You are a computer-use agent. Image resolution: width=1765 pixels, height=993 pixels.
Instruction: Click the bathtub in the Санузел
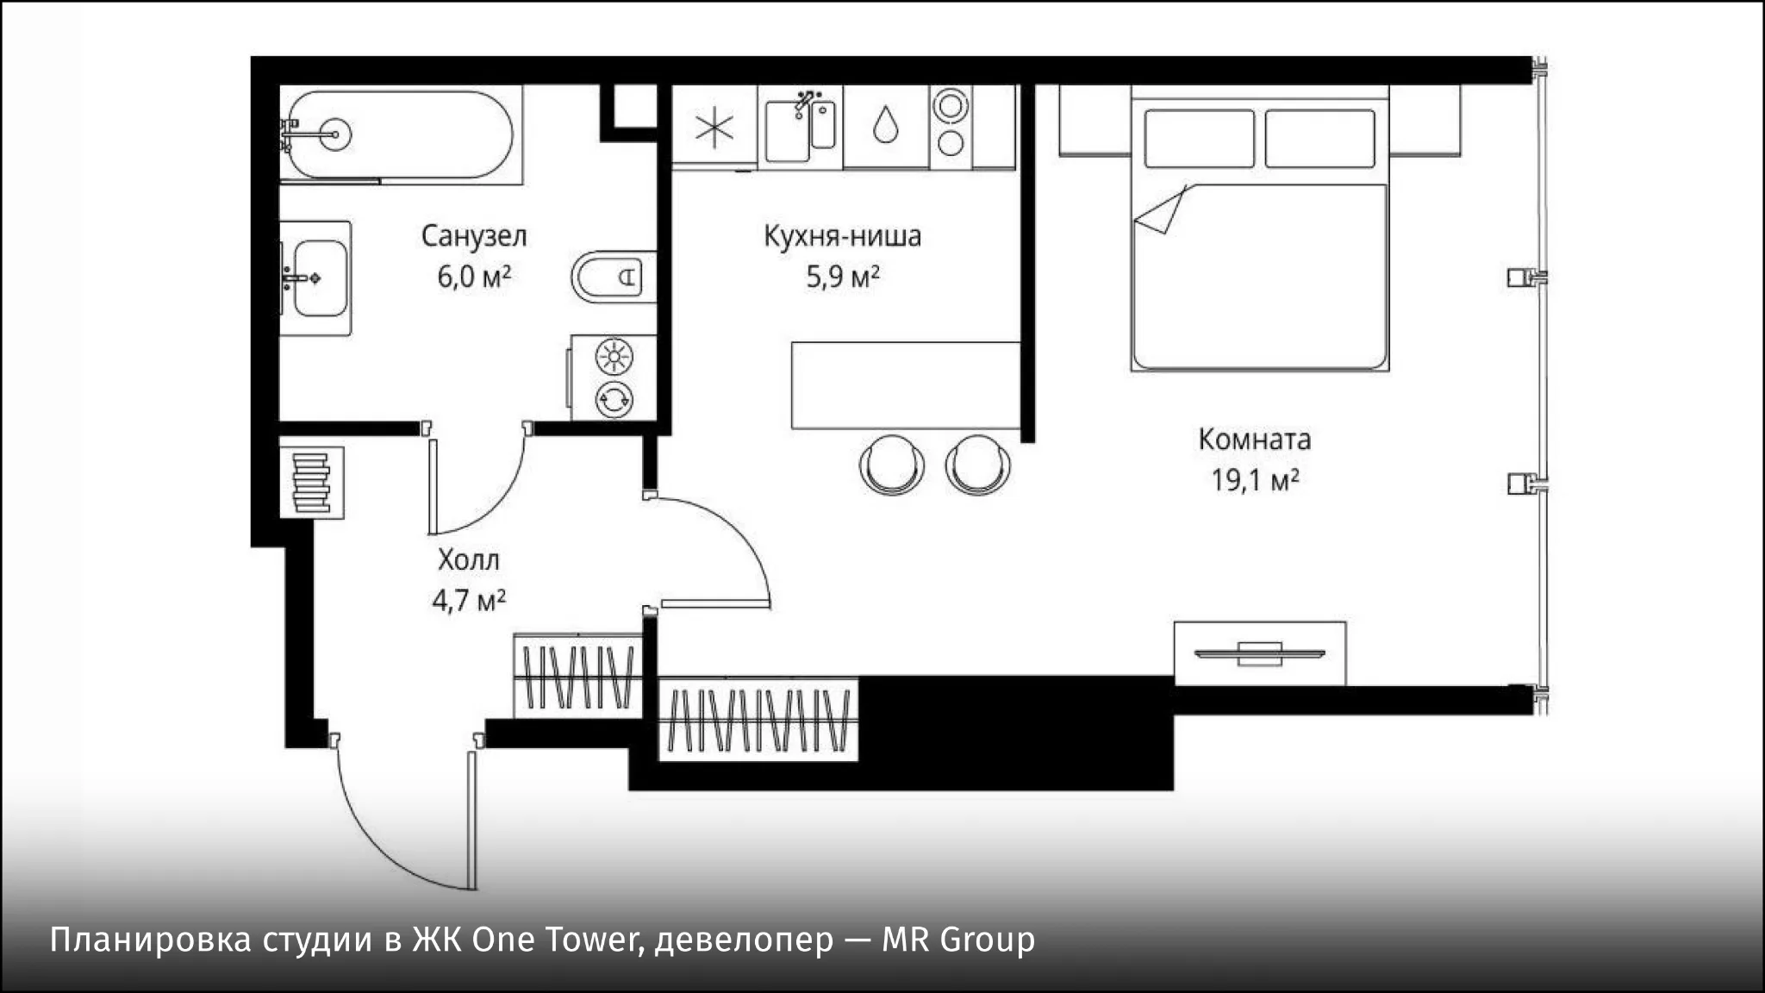[x=401, y=134]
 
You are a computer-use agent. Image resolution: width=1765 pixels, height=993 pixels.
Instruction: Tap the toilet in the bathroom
[x=614, y=277]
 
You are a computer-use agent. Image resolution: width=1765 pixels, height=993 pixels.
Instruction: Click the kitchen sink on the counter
[x=800, y=130]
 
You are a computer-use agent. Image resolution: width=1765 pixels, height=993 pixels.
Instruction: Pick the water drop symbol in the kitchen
[x=885, y=124]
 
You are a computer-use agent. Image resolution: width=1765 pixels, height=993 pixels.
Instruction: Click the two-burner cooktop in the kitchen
[x=951, y=125]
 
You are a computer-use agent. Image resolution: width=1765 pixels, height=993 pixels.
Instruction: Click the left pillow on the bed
[x=1200, y=138]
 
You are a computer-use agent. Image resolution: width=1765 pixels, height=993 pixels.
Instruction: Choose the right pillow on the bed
[x=1320, y=138]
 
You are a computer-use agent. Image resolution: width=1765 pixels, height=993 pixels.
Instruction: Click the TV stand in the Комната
[x=1260, y=654]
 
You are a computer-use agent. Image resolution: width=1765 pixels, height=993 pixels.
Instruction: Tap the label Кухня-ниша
[x=842, y=235]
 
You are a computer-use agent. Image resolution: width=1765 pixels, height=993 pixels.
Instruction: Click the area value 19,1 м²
[x=1255, y=480]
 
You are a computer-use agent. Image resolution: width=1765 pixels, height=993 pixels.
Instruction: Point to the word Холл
[x=468, y=560]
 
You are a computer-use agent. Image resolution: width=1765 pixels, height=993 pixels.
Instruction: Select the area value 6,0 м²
[x=474, y=277]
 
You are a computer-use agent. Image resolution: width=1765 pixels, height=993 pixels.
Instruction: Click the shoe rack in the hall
[x=311, y=483]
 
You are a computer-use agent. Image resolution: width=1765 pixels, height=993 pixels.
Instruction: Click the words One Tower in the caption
[x=554, y=940]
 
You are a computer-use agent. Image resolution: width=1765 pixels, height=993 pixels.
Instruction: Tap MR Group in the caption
[x=957, y=940]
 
